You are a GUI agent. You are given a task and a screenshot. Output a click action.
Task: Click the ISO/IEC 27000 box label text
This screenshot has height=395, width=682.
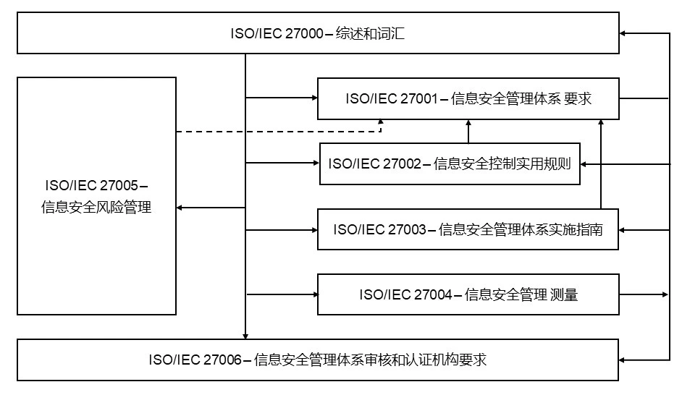318,33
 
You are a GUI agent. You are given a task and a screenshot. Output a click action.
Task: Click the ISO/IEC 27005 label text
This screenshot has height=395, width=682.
96,196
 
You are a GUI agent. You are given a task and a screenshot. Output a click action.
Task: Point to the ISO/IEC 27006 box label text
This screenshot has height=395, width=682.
318,360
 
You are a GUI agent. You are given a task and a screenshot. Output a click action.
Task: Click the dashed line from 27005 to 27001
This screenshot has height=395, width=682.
279,131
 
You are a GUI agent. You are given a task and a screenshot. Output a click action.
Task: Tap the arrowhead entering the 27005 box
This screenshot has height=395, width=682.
180,208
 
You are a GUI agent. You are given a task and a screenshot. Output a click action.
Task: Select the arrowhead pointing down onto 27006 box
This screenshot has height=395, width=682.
245,336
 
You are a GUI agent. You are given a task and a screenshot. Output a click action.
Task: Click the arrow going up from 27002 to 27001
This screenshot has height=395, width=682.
468,131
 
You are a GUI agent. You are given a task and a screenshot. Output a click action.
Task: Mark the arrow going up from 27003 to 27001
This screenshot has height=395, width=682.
601,164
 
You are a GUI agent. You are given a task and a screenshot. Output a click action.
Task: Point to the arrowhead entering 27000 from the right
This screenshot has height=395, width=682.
623,33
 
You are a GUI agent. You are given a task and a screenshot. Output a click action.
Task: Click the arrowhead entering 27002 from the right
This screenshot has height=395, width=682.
584,164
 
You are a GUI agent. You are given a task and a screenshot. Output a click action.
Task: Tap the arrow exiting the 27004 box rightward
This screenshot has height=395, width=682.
644,294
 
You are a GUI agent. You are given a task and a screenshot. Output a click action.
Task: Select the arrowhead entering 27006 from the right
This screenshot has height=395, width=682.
622,360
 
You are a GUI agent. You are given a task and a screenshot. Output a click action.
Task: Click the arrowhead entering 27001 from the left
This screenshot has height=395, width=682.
314,98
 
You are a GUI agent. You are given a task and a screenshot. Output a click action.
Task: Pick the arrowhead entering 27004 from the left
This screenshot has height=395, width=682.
315,294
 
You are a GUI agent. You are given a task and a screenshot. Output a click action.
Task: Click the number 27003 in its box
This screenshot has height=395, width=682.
408,229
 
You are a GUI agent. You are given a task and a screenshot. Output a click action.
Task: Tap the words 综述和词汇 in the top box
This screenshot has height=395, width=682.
370,33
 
